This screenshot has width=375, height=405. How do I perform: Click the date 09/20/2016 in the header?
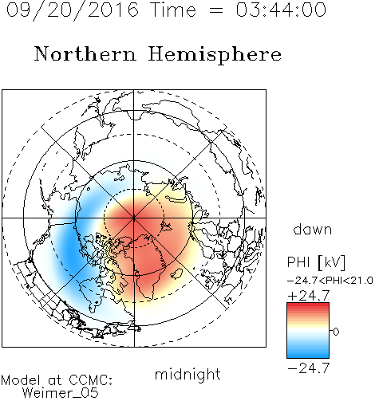pos(73,10)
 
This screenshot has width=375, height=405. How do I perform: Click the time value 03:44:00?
pos(281,10)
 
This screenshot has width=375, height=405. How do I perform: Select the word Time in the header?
pos(173,10)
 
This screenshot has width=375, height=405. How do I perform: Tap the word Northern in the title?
pos(85,53)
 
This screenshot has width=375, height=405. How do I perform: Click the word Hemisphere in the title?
pos(215,55)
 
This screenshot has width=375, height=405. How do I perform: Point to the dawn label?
pos(313,229)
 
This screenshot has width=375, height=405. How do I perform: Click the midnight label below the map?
pos(187,375)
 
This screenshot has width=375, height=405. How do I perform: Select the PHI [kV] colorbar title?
pos(316,262)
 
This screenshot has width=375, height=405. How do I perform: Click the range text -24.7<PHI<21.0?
pos(330,281)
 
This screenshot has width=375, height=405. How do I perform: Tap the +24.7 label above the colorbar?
pos(309,296)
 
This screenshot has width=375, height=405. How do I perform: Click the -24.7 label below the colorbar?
pos(309,368)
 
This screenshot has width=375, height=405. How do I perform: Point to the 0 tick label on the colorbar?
pos(336,332)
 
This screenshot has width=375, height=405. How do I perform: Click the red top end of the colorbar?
pos(308,305)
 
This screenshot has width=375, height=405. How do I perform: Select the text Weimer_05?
pos(61,393)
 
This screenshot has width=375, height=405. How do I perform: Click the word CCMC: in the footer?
pos(91,380)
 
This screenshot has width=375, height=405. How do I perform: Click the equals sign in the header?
pos(216,10)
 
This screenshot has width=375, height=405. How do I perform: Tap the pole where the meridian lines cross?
pos(134,218)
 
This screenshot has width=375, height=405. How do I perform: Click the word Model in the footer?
pos(22,380)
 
